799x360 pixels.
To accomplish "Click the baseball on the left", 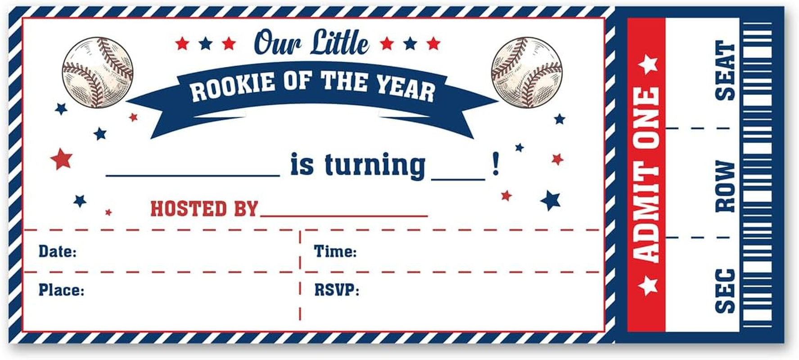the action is click(x=98, y=72).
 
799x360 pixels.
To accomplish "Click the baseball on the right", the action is click(x=527, y=72).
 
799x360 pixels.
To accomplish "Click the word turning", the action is click(x=375, y=166).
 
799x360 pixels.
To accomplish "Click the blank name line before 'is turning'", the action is click(x=193, y=176).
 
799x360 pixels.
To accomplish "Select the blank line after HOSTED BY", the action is click(x=344, y=216).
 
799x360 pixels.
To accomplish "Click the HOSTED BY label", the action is click(x=204, y=209).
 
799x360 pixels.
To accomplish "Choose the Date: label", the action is click(x=57, y=251).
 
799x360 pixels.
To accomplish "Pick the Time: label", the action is click(x=335, y=251).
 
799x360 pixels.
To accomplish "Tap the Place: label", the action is click(x=61, y=290).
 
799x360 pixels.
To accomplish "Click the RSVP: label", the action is click(x=337, y=290).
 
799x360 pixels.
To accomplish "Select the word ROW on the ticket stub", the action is click(x=725, y=186).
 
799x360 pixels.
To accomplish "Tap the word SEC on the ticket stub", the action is click(x=725, y=291).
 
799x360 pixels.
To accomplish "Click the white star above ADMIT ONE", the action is click(x=648, y=64).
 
